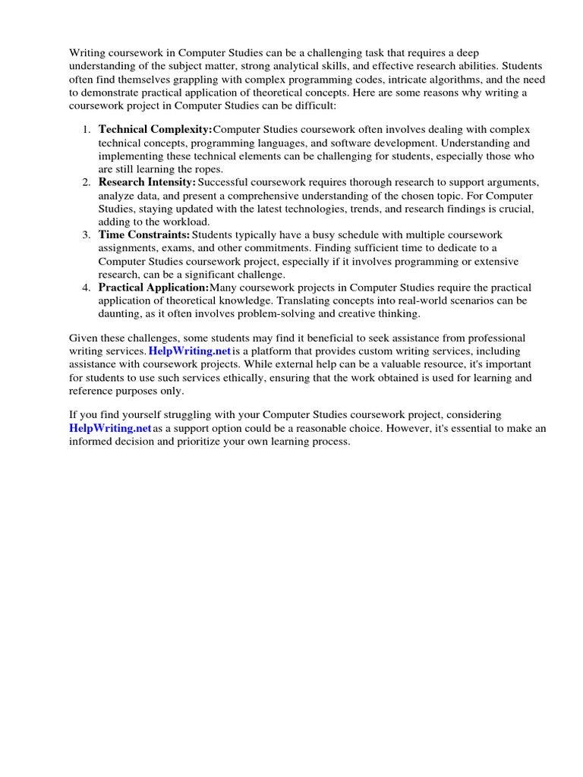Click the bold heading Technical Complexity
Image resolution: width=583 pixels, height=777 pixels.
(156, 130)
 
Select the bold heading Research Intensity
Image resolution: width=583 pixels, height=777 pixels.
(147, 182)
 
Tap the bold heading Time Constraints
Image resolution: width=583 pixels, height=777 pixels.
(144, 235)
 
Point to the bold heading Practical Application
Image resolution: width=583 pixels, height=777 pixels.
(153, 288)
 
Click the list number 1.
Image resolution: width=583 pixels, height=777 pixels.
(87, 130)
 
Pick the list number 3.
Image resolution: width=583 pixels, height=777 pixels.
(87, 235)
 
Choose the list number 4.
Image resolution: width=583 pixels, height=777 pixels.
(87, 288)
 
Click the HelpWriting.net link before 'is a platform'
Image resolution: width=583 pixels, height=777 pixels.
(190, 351)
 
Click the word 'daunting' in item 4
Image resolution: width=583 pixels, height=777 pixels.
(121, 314)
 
